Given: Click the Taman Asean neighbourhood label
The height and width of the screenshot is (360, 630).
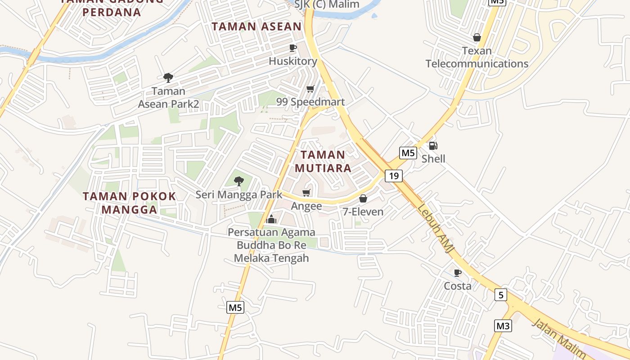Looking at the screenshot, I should tap(256, 27).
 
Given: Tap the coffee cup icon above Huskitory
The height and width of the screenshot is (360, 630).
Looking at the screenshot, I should tap(293, 48).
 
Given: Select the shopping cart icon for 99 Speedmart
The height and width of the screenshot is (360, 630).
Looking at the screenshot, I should tap(310, 89).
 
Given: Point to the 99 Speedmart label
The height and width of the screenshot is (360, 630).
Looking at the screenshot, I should tap(310, 102).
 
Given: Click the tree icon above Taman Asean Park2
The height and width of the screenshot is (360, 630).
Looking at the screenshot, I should tap(168, 78).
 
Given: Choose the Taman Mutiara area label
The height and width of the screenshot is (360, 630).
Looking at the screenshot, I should tap(323, 162).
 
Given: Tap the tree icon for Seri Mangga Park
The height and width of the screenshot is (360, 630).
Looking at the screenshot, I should tap(239, 181).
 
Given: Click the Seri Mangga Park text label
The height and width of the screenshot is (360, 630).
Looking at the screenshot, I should tap(239, 195).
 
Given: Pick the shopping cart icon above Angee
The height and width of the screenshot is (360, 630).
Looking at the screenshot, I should tap(306, 193).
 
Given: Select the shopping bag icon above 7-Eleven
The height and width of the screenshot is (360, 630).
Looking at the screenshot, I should tap(363, 198).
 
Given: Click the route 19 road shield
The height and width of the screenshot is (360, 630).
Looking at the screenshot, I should tap(394, 175).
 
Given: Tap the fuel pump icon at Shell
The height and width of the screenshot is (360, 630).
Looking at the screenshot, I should tap(433, 145).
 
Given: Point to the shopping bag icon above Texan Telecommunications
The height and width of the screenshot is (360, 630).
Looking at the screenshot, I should tap(477, 37).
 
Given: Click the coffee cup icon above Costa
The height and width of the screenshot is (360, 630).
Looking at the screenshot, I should tap(458, 273).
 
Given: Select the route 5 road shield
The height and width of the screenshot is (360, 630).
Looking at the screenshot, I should tap(500, 295).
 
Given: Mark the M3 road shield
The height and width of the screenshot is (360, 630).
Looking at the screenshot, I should tap(503, 325).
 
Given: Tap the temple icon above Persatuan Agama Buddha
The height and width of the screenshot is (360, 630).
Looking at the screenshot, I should tap(271, 219).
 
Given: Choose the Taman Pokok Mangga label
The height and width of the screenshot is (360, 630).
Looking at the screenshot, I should tap(130, 203).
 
